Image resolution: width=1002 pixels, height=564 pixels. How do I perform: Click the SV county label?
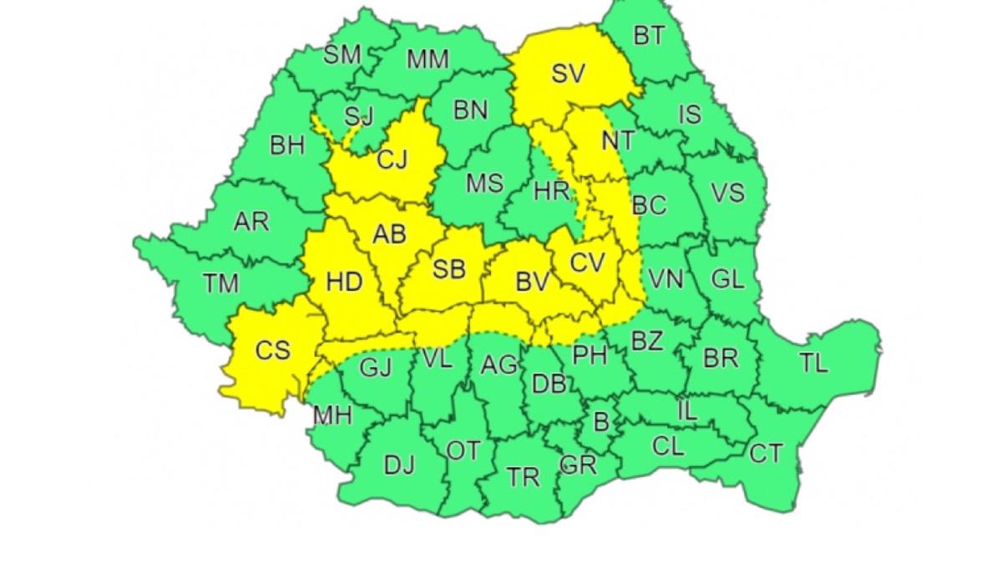[568, 74]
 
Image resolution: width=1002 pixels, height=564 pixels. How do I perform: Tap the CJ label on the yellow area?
[392, 159]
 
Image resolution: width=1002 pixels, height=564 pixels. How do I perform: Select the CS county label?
[272, 349]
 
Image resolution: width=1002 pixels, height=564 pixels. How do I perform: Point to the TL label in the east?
[813, 363]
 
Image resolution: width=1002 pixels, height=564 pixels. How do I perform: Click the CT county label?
[766, 454]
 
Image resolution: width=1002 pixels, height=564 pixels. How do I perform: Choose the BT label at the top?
[649, 36]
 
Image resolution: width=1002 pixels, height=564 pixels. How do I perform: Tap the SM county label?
[342, 55]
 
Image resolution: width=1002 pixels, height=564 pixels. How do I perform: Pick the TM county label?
[220, 284]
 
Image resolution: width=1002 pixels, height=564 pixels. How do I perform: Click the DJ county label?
[398, 465]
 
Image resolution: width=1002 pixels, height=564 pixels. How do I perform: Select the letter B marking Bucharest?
[600, 422]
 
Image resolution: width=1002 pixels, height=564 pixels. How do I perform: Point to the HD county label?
[344, 282]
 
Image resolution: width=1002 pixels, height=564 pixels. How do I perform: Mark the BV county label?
[531, 282]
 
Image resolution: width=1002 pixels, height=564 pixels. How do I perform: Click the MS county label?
[484, 183]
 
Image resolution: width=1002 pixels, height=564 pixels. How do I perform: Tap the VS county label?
[727, 193]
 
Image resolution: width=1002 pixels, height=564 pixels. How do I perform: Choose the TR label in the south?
[524, 477]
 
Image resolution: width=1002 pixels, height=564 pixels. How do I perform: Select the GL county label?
[727, 279]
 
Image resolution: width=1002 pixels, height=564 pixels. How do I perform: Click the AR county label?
[251, 221]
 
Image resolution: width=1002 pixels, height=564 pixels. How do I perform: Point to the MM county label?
[428, 59]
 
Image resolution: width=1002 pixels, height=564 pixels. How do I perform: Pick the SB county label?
[448, 269]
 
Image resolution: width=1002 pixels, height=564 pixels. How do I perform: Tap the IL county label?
[686, 410]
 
